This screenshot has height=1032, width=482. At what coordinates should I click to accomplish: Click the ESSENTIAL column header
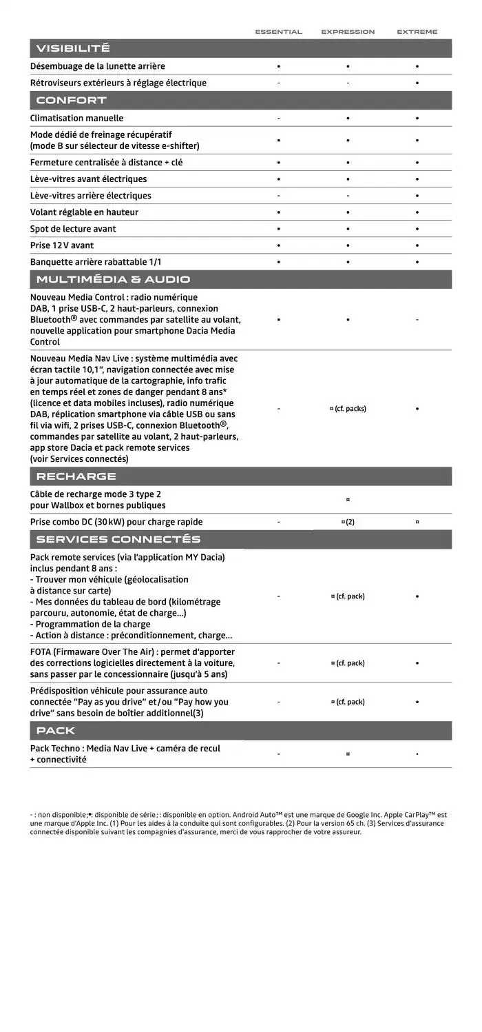tap(278, 32)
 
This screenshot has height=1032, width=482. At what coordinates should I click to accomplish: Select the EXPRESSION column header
tap(348, 32)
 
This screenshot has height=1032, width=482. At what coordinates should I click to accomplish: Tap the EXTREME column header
tap(417, 32)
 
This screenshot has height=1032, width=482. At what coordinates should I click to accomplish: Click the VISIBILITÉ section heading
tap(73, 48)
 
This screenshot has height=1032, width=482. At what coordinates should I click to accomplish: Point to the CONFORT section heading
tap(72, 101)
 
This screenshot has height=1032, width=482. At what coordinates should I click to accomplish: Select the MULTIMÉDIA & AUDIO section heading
tap(113, 279)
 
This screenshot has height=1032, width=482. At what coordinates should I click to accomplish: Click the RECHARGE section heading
tap(76, 476)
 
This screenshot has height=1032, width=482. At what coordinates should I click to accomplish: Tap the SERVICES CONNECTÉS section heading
tap(118, 539)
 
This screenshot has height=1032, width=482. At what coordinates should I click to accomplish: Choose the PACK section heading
tap(56, 731)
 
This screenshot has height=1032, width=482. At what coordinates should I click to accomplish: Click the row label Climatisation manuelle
tap(77, 118)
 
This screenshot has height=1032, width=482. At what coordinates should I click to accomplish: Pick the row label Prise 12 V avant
tap(62, 245)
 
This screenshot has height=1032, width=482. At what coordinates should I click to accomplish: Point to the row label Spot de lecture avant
tap(73, 229)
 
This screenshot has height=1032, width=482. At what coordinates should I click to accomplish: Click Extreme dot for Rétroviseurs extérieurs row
tap(417, 83)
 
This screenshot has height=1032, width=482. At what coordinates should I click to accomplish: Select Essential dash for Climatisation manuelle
tap(278, 118)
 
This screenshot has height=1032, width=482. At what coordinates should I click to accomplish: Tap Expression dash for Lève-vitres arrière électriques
tap(348, 196)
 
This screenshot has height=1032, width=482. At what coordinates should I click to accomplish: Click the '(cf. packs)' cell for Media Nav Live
tap(348, 409)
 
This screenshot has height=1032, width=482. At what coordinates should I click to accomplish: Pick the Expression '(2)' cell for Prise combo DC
tap(348, 522)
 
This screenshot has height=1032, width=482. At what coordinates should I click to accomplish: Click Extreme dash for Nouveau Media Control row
tap(417, 320)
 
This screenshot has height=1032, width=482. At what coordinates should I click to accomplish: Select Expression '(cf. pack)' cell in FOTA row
tap(348, 663)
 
